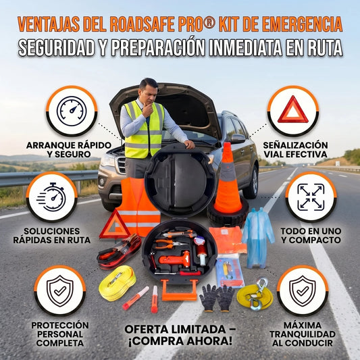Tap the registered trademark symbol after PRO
coord(209,24)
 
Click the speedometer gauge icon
coord(72,111)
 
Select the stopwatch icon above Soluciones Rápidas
coord(51,197)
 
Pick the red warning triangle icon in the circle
coord(293,109)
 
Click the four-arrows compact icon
coord(311,197)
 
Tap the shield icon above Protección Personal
coord(60,291)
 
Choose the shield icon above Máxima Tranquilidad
coord(303,291)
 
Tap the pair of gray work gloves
coord(217,298)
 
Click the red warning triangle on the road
coord(115,225)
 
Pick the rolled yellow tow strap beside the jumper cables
coord(118,283)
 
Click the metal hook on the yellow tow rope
coord(258,293)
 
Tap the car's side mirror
coord(238,138)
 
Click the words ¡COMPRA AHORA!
coord(180,341)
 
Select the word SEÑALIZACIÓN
coord(295,145)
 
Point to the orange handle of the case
coord(180,290)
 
